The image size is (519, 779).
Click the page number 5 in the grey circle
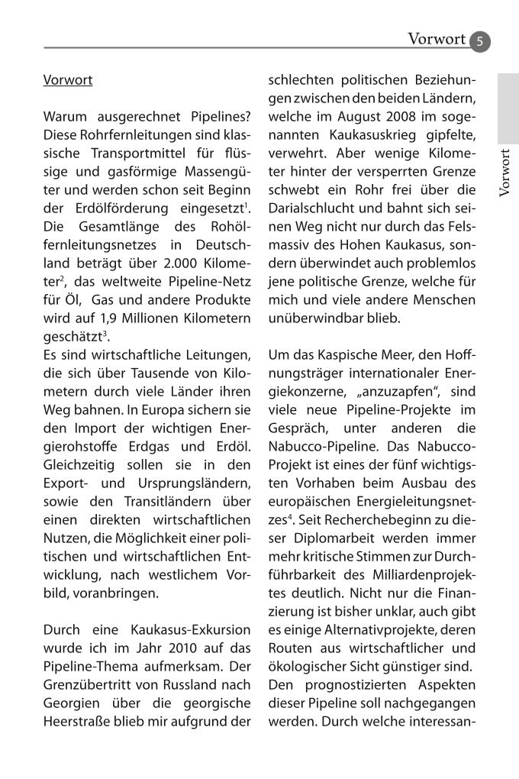[480, 41]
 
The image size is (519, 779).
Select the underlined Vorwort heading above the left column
[68, 79]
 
